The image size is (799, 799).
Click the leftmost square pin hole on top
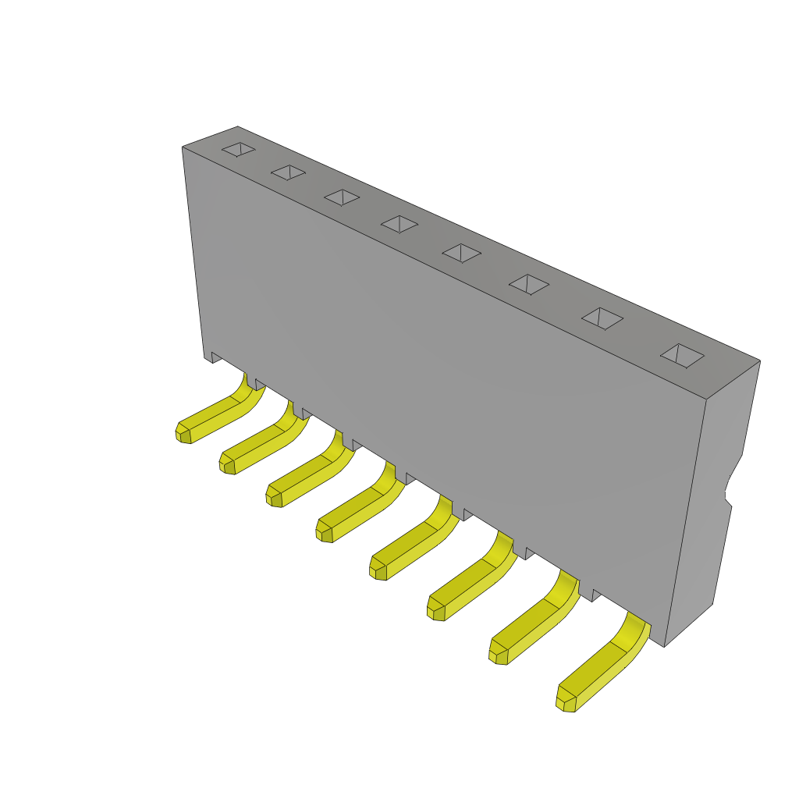tap(238, 149)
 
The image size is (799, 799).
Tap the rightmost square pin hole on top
tap(682, 356)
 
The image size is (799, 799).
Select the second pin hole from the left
tap(288, 172)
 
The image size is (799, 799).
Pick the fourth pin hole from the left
tap(399, 225)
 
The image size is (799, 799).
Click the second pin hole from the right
tap(602, 318)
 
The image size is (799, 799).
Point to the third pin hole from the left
tap(342, 197)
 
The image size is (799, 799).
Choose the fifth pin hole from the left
tap(461, 254)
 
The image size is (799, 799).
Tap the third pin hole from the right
tap(529, 285)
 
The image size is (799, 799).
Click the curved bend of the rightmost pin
tap(634, 632)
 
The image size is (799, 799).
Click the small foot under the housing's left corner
tap(209, 357)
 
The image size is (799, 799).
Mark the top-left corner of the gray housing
tap(183, 147)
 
